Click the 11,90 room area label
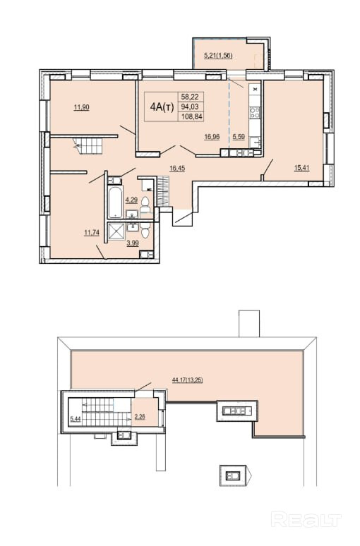82,108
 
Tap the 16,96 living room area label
212,137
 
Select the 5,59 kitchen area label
239,137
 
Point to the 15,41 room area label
302,168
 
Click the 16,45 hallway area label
177,169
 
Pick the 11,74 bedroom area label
92,233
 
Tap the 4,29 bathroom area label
132,200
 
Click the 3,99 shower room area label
133,243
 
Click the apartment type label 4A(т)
162,107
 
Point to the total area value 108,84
191,117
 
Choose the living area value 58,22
191,97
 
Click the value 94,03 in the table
191,107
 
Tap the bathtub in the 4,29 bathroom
115,202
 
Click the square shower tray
116,231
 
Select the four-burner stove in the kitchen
255,112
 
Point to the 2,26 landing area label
140,417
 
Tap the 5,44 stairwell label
76,419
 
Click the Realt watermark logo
306,519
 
